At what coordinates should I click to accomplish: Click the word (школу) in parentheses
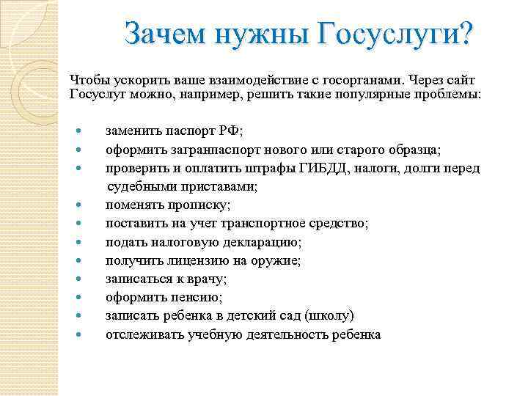(x=329, y=315)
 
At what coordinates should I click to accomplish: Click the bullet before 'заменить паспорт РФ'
(x=81, y=132)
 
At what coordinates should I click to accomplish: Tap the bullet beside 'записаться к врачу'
(x=81, y=279)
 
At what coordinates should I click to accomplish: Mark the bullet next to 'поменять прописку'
(x=81, y=205)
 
